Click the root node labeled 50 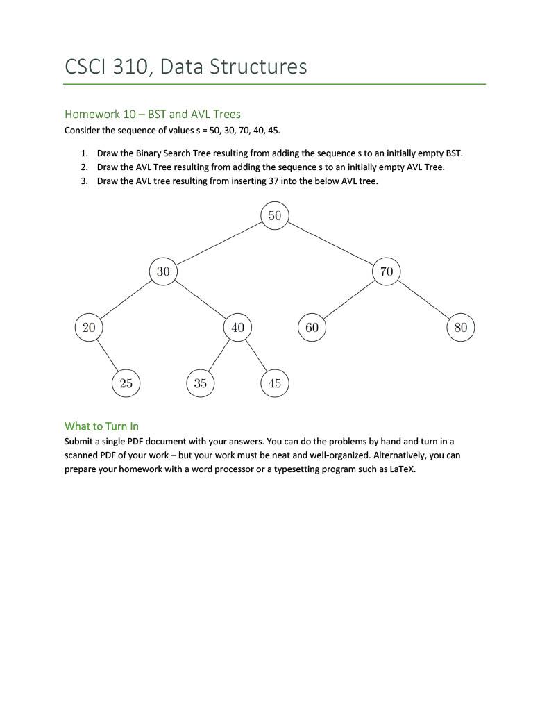(275, 215)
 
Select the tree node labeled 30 (163, 271)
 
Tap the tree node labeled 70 (387, 271)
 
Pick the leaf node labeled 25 (126, 383)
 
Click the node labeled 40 (237, 327)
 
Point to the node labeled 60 (312, 327)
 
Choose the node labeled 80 (461, 327)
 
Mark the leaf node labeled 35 (201, 383)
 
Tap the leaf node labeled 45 (275, 383)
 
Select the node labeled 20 (89, 327)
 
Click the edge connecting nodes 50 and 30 (219, 244)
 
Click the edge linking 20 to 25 (108, 355)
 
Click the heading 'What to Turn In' (101, 426)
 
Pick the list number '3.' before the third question (84, 181)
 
